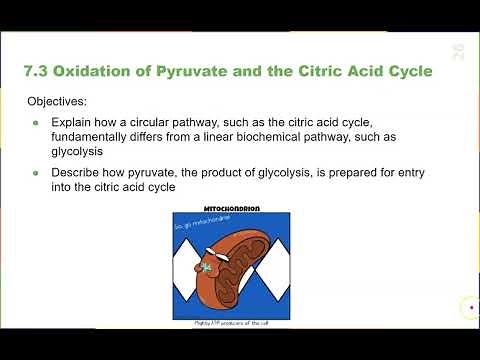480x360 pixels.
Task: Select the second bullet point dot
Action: pos(37,173)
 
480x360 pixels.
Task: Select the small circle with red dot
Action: pos(469,308)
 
